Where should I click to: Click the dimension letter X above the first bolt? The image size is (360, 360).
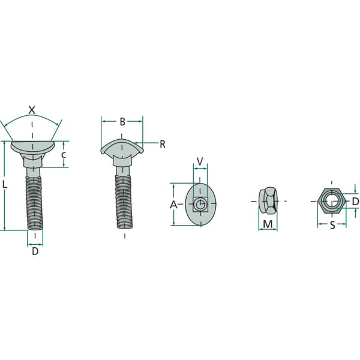(x=32, y=110)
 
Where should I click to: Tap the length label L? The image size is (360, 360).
(x=5, y=184)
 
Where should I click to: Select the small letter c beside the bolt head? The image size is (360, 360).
(x=64, y=155)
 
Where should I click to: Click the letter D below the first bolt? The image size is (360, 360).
(x=35, y=251)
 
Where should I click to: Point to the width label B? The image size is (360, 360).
(x=122, y=122)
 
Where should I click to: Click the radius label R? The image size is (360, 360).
(x=163, y=145)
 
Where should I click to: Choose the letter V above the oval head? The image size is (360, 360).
(x=200, y=161)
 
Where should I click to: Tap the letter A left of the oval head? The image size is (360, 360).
(x=173, y=205)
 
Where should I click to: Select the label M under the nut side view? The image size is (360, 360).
(x=268, y=224)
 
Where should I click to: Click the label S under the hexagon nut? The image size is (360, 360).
(x=332, y=226)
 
